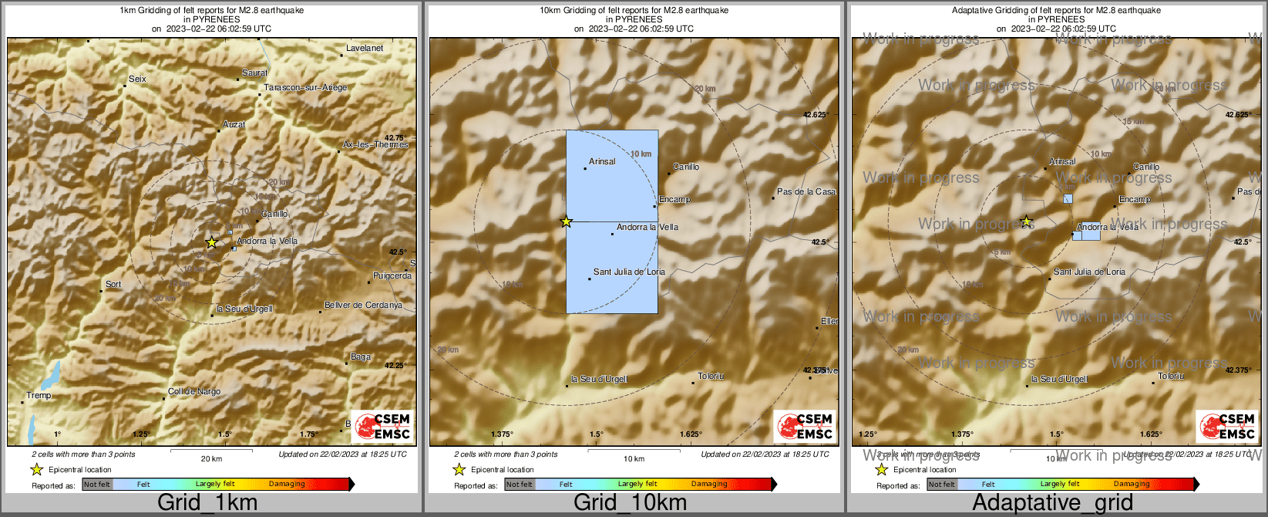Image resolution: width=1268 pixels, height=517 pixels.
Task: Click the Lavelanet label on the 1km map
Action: [x=365, y=48]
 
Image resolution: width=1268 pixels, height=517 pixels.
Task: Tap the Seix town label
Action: [x=137, y=79]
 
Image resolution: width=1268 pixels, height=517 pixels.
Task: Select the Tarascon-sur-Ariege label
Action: [x=305, y=87]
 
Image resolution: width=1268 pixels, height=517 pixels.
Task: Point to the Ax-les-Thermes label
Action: [x=375, y=144]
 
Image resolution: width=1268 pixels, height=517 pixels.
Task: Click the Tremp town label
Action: [x=39, y=395]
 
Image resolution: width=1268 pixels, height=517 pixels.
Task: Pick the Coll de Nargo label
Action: [x=194, y=391]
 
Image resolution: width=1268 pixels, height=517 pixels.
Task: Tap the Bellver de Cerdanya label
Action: [x=363, y=305]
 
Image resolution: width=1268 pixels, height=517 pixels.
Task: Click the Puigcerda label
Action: [x=392, y=275]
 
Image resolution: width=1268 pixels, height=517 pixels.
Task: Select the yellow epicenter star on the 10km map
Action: [x=567, y=221]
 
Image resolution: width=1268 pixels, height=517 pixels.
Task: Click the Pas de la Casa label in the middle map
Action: [x=806, y=191]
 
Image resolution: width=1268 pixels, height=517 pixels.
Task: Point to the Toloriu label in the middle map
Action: [x=711, y=376]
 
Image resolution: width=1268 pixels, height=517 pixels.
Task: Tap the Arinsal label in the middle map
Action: [x=602, y=161]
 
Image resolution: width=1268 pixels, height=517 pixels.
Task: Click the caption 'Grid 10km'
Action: [x=630, y=503]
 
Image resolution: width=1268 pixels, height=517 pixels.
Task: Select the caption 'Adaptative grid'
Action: [x=1052, y=503]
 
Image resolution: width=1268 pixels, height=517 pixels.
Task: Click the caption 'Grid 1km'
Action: [x=207, y=503]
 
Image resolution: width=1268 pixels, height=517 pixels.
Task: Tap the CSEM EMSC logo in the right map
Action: [x=1226, y=426]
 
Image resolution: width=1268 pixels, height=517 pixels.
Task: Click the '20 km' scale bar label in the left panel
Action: [x=211, y=458]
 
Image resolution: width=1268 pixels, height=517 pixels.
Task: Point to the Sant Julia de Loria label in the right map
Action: [x=1089, y=272]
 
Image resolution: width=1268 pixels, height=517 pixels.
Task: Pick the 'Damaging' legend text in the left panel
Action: [x=287, y=484]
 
